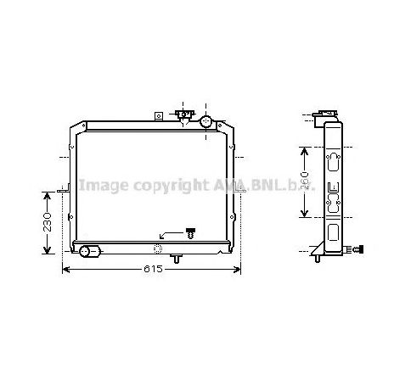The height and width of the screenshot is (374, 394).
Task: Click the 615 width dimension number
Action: pos(151,269)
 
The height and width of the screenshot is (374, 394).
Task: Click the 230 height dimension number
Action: pos(48,222)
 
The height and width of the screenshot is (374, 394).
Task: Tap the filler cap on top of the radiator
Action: pos(183,114)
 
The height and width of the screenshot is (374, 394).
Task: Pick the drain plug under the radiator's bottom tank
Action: pos(175,257)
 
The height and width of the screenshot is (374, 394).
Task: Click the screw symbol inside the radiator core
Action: pos(190,232)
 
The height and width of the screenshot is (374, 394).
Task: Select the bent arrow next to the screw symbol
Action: pos(170,232)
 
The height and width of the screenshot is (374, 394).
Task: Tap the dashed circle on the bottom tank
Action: pos(158,248)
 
